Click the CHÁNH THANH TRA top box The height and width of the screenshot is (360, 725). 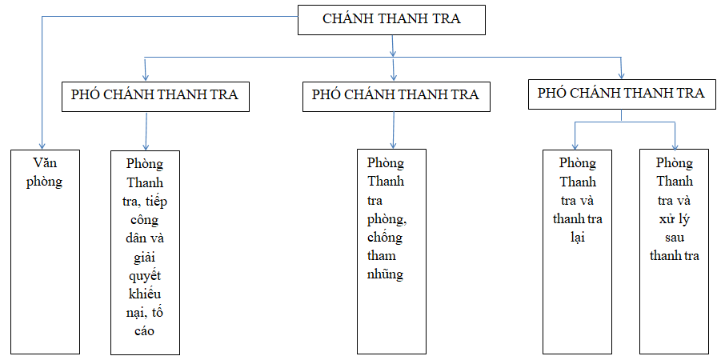391,19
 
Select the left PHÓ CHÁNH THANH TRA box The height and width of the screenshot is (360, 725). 154,94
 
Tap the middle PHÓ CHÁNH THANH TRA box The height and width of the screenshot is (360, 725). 395,94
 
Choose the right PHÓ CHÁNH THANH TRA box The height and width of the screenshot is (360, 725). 621,93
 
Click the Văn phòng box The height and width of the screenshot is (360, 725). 44,251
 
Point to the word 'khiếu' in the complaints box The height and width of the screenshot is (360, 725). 145,293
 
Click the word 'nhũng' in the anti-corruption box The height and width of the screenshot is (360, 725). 385,274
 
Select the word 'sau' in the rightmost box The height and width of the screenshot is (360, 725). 674,237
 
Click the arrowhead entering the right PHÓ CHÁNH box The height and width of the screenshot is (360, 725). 621,74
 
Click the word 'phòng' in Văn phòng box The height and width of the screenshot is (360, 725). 44,182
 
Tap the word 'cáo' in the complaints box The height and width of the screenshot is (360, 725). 145,330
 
